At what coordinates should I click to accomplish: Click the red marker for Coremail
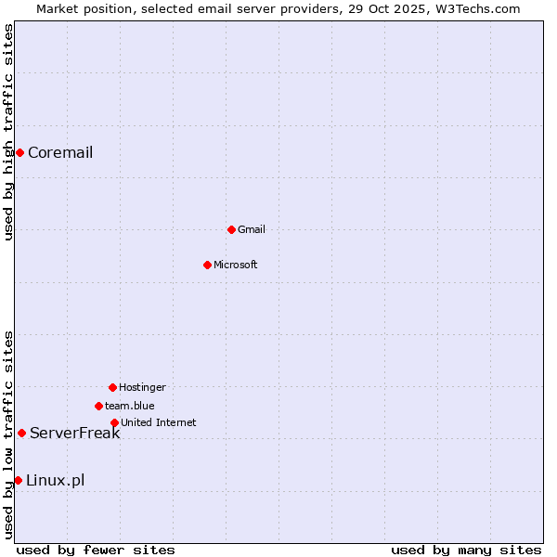click(x=19, y=152)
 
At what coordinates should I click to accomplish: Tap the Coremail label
click(x=60, y=153)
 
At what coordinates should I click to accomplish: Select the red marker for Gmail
click(x=231, y=229)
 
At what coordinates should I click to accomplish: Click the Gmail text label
click(x=252, y=230)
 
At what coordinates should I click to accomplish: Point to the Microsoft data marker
click(x=207, y=265)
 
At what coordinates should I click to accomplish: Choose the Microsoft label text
click(x=236, y=266)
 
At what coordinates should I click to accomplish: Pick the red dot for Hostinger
click(x=112, y=387)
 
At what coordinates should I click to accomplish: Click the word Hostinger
click(x=142, y=388)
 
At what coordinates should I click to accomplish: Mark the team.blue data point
click(x=98, y=406)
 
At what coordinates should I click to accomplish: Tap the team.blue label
click(x=129, y=407)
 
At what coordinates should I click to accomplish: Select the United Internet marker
click(x=114, y=422)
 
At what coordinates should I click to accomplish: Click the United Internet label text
click(x=158, y=423)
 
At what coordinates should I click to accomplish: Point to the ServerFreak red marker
click(x=21, y=433)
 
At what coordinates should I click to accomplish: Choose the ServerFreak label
click(x=74, y=434)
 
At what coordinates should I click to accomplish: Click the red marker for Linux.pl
click(x=18, y=480)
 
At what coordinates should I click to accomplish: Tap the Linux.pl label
click(x=55, y=481)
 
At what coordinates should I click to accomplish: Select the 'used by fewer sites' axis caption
click(x=96, y=551)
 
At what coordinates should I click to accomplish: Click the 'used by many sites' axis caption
click(x=465, y=551)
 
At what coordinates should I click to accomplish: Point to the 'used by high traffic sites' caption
click(x=8, y=132)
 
